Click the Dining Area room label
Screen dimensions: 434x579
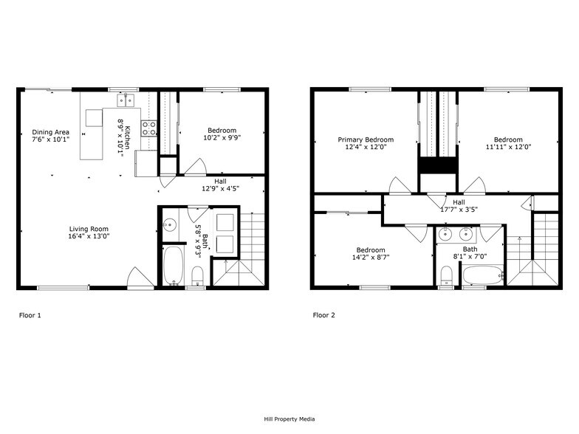pos(50,131)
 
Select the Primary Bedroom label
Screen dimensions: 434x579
pos(366,139)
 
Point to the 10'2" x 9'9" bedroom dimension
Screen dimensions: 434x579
pos(222,137)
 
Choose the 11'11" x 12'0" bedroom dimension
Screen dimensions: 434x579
pos(508,147)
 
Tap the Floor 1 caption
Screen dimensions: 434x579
pos(30,315)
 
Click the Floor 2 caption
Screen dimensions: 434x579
pos(323,315)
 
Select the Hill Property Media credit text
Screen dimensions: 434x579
pos(289,419)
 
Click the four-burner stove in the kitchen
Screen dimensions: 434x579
pos(148,129)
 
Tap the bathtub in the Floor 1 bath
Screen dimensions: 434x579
pos(173,266)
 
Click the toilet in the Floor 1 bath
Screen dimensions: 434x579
pos(197,277)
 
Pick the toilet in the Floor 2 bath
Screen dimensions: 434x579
pos(445,276)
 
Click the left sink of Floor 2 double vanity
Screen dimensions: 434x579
pos(445,235)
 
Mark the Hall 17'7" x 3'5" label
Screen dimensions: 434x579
pos(459,207)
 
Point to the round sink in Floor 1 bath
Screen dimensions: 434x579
pos(169,225)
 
